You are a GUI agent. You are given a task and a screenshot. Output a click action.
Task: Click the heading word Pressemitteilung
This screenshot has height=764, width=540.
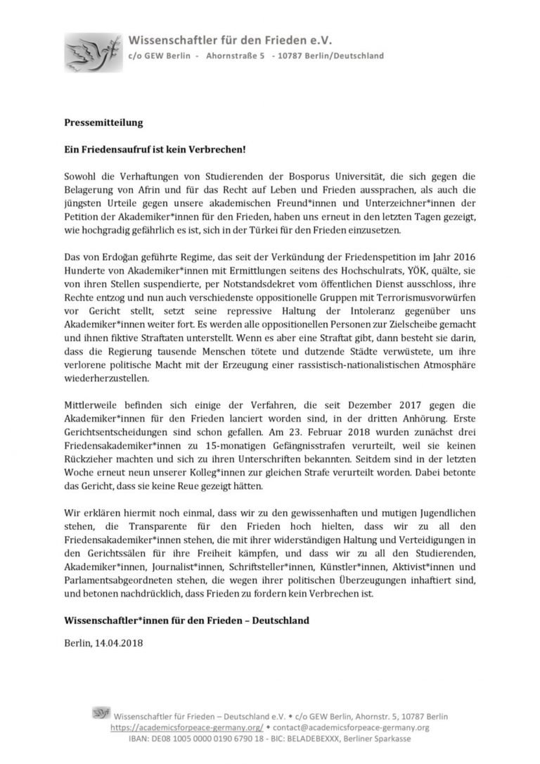click(x=98, y=122)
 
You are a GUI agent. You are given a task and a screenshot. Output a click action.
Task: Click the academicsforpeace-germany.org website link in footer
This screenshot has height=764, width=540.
click(x=186, y=727)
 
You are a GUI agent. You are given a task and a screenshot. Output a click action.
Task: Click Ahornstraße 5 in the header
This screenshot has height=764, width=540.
click(x=235, y=56)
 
